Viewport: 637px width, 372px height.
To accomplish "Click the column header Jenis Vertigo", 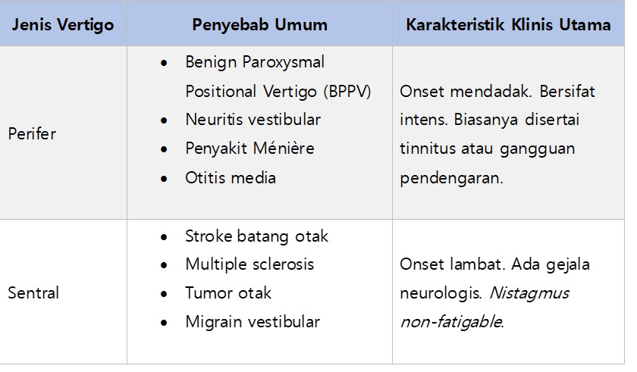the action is click(x=63, y=25).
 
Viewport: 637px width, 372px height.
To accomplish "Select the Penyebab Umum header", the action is click(x=259, y=25).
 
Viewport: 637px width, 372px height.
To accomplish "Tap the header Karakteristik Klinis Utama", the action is click(x=508, y=25).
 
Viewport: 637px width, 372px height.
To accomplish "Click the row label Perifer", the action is click(x=32, y=133).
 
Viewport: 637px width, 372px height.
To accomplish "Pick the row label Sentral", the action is click(x=33, y=292).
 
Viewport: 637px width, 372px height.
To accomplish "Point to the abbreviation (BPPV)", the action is click(x=347, y=91).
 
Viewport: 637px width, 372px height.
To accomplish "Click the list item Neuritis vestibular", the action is click(x=253, y=120).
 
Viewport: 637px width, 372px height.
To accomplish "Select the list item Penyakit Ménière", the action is click(x=249, y=148).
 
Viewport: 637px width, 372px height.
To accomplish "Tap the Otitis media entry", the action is click(x=231, y=178).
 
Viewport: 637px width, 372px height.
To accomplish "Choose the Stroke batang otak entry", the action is click(x=256, y=236).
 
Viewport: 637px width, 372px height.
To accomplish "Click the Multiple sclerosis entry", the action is click(x=249, y=264).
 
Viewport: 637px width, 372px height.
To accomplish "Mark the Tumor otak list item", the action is click(x=228, y=293).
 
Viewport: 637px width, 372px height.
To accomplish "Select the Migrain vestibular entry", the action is click(x=253, y=322).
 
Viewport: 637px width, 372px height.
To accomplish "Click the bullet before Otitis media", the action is click(x=164, y=179).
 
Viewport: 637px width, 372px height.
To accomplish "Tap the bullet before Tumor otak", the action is click(x=164, y=294).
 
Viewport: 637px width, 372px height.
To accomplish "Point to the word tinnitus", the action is click(x=427, y=148).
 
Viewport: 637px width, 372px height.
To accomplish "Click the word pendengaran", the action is click(x=451, y=178).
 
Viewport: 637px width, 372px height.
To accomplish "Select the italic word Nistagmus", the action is click(x=529, y=293).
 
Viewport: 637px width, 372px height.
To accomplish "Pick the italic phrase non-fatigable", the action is click(x=452, y=322).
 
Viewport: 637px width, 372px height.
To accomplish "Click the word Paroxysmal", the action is click(x=283, y=62).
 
